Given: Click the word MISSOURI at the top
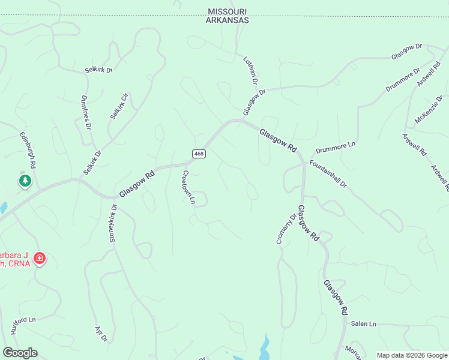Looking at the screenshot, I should [228, 11].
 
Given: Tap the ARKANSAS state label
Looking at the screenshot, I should [228, 20].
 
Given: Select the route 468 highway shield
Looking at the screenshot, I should [199, 154].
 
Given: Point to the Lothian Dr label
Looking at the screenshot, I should [251, 70].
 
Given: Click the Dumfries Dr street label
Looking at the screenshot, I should [86, 113].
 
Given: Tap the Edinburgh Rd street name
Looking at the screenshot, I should [28, 150].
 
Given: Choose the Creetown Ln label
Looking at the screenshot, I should [188, 187].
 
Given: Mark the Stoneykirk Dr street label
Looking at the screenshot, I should [113, 223].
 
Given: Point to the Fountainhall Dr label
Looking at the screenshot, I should [328, 174].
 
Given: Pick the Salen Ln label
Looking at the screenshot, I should [364, 323].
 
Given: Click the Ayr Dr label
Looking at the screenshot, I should [101, 334].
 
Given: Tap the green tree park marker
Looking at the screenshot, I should [25, 181].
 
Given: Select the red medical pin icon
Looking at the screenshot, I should [40, 259].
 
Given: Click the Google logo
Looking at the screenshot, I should [20, 353].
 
